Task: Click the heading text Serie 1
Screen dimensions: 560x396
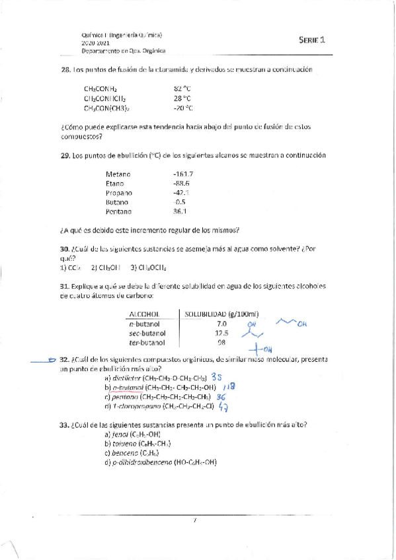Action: point(312,40)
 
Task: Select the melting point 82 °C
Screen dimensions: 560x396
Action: point(182,88)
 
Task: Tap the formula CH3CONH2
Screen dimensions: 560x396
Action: point(100,88)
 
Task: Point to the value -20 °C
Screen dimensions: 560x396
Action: point(182,108)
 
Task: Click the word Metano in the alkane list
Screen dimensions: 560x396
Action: point(118,174)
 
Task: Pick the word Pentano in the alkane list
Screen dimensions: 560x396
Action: point(118,211)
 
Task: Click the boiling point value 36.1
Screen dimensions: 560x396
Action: point(181,211)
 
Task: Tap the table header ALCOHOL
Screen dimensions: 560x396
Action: point(147,314)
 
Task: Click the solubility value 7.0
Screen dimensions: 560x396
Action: point(221,324)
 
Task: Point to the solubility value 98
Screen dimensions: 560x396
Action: point(221,343)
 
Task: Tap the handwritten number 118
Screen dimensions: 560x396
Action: point(229,386)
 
